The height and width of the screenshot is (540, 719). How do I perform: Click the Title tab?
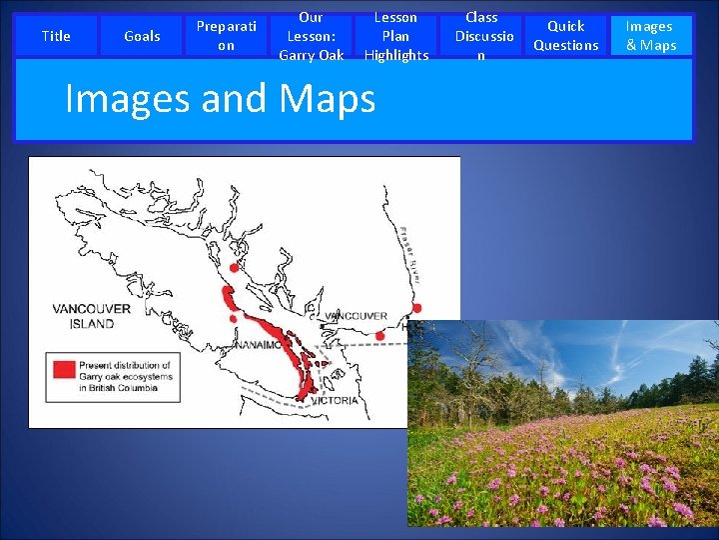(56, 36)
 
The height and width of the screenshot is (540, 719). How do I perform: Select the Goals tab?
(142, 36)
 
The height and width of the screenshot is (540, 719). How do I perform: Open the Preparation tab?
(227, 36)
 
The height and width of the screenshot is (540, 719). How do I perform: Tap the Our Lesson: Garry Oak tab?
(311, 36)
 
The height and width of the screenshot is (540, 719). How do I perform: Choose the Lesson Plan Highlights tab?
(396, 36)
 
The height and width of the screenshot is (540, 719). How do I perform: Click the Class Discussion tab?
(481, 36)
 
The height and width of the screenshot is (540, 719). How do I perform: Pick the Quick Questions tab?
(566, 36)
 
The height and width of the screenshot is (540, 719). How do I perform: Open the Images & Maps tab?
(650, 36)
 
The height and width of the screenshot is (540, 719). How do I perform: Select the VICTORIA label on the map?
(335, 400)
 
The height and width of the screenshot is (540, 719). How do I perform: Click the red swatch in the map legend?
(64, 367)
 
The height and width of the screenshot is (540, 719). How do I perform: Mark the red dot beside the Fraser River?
(417, 308)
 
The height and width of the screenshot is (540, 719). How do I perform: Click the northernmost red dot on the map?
(234, 268)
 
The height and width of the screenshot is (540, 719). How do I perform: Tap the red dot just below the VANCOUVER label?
(380, 336)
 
